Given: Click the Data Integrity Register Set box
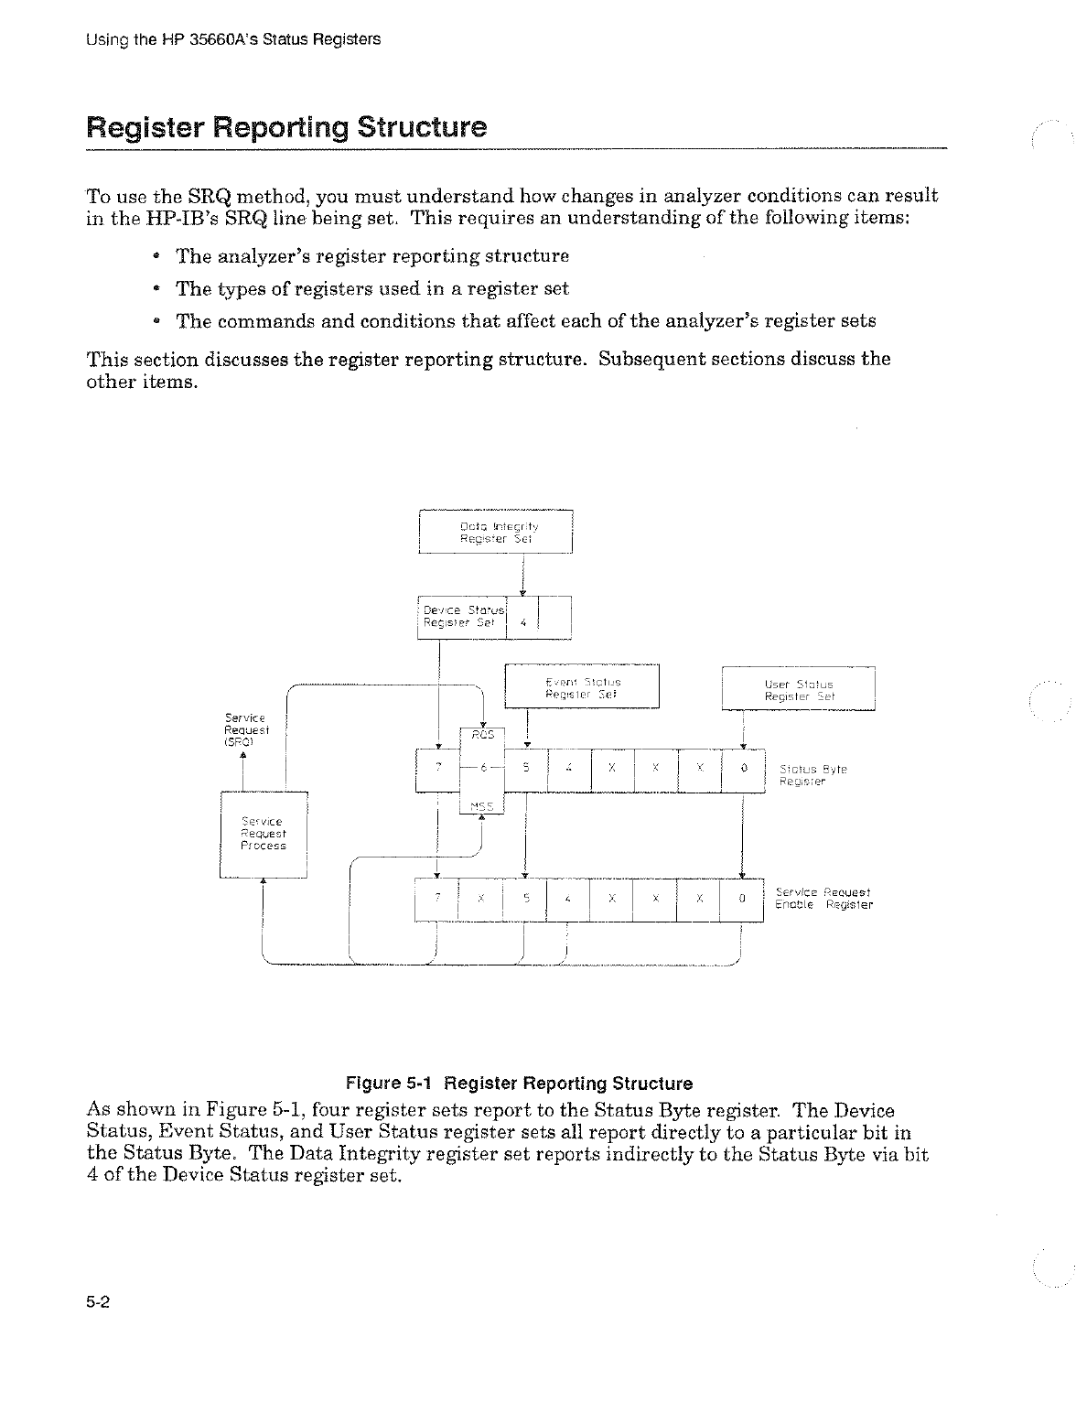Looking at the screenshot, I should coord(495,532).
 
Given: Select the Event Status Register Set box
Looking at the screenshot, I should coord(582,687).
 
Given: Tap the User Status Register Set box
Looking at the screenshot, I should coord(799,689).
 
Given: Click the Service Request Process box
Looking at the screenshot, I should coord(264,834).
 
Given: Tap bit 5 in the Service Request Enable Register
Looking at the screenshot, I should coord(526,899).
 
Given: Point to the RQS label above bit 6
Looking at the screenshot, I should coord(482,734).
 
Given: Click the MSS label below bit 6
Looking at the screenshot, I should coord(482,806).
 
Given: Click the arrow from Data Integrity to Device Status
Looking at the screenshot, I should coord(522,575).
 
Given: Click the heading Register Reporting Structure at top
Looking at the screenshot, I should coord(285,126).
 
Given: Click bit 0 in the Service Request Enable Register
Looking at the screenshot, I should coord(743,899).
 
